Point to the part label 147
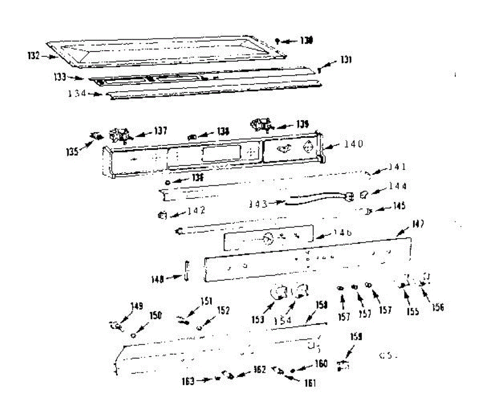coord(418,224)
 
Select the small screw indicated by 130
coord(277,40)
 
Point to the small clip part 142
coord(162,215)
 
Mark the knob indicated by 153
coord(278,292)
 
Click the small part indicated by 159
coord(342,365)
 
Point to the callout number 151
coord(206,301)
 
